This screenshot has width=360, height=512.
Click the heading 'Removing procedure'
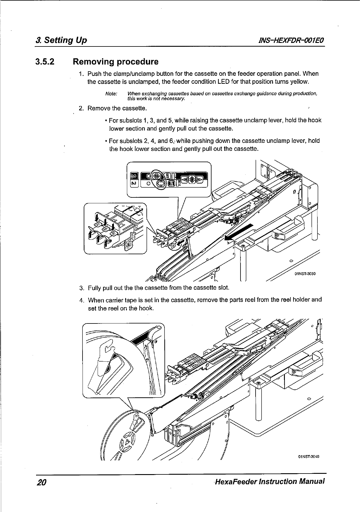click(115, 62)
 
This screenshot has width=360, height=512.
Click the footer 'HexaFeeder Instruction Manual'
click(269, 481)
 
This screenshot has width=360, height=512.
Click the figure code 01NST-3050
click(305, 273)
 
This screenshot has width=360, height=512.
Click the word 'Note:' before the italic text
click(111, 94)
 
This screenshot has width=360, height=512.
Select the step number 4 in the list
click(82, 300)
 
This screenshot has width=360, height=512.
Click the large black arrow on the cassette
click(238, 232)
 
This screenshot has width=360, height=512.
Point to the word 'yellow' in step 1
click(300, 81)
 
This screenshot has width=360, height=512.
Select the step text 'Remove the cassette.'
click(117, 108)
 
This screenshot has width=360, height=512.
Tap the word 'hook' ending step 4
click(147, 308)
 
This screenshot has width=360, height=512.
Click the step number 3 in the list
click(82, 288)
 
